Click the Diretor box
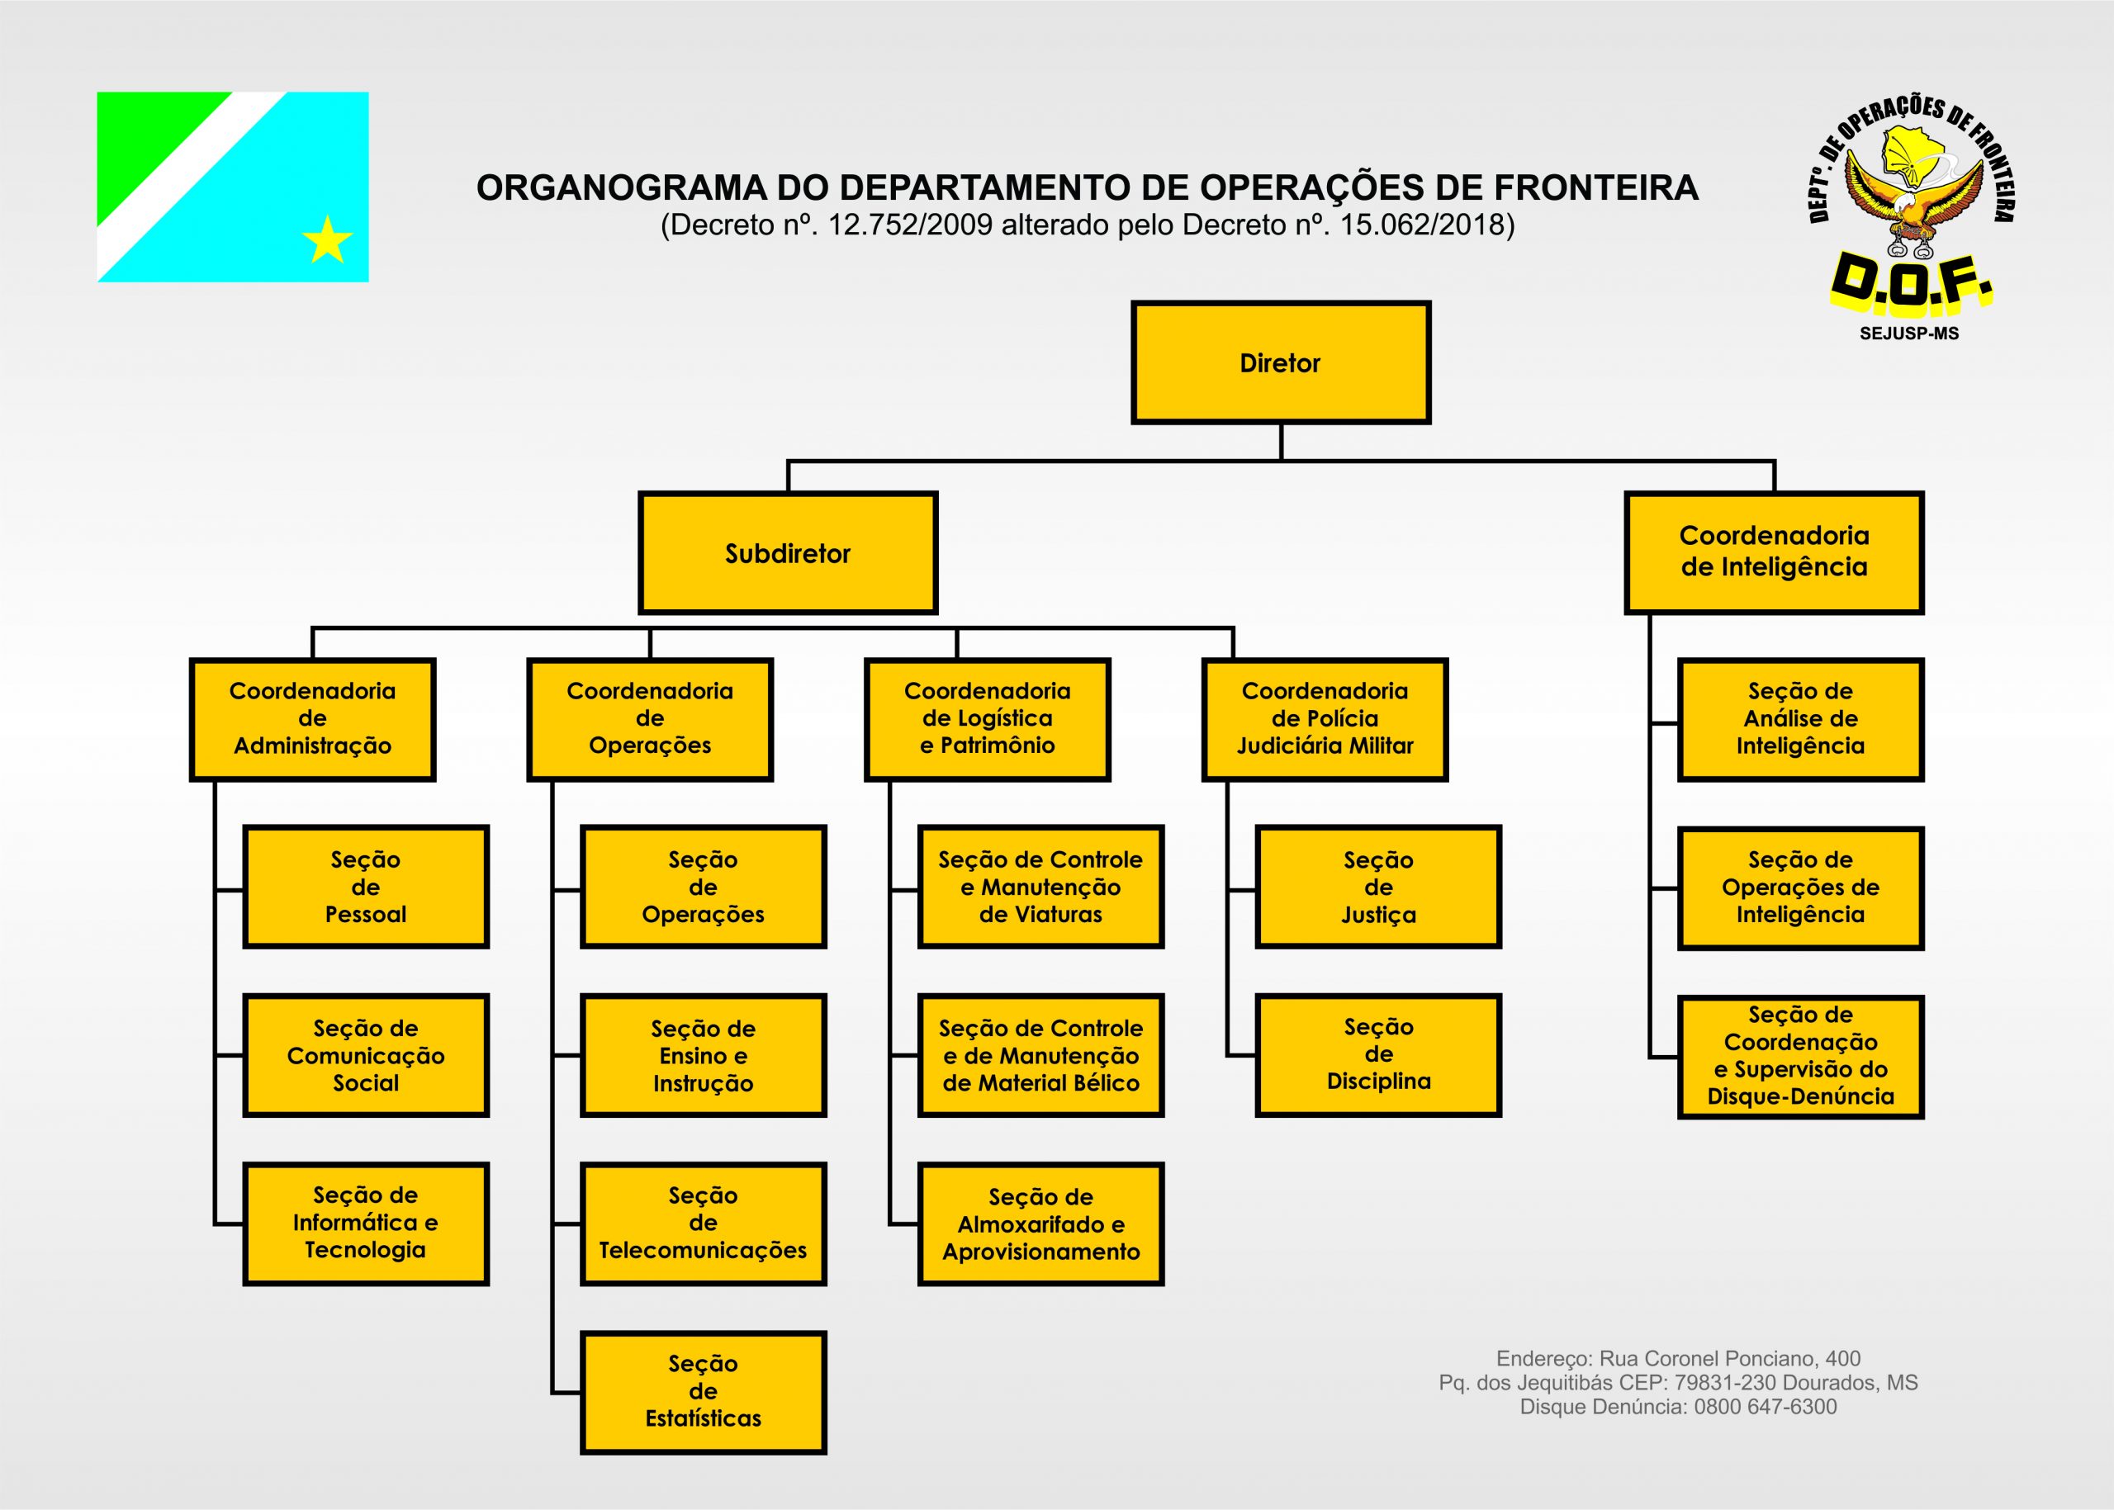(x=1280, y=362)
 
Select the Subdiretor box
(x=788, y=553)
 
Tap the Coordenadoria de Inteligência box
(x=1774, y=553)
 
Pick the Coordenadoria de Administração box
(x=312, y=720)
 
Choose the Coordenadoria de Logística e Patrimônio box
(x=987, y=720)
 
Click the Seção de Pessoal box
(x=366, y=887)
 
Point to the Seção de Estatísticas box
(x=703, y=1392)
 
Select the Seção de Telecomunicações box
(x=703, y=1224)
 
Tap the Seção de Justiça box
(x=1378, y=887)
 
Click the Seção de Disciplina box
(x=1378, y=1055)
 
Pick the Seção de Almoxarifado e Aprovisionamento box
(x=1040, y=1224)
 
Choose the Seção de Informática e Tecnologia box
(x=366, y=1224)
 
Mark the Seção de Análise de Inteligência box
(x=1800, y=720)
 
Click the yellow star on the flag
(x=327, y=240)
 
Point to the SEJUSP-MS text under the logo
(x=1909, y=333)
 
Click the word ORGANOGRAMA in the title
(x=621, y=187)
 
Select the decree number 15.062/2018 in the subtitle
(x=1422, y=226)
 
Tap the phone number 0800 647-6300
(x=1766, y=1407)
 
